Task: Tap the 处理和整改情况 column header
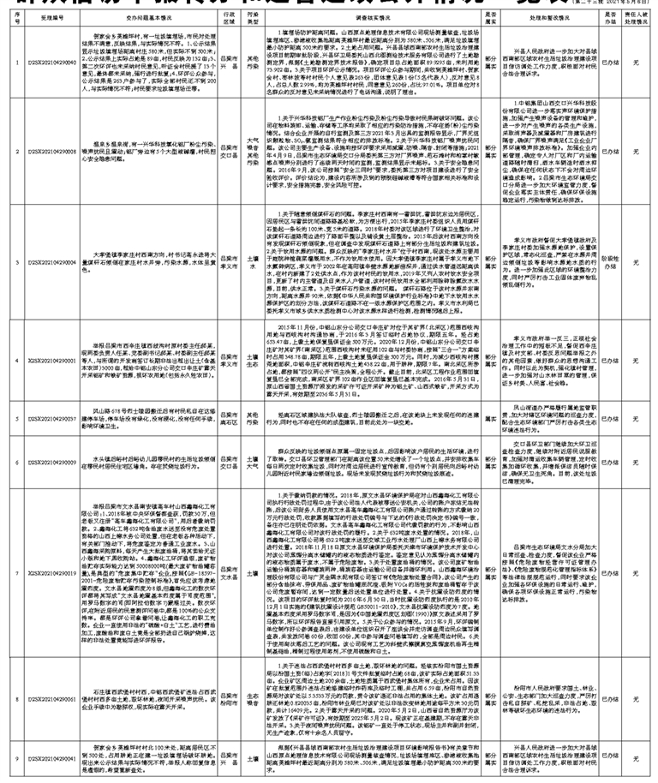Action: click(x=546, y=15)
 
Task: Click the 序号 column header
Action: click(x=8, y=15)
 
